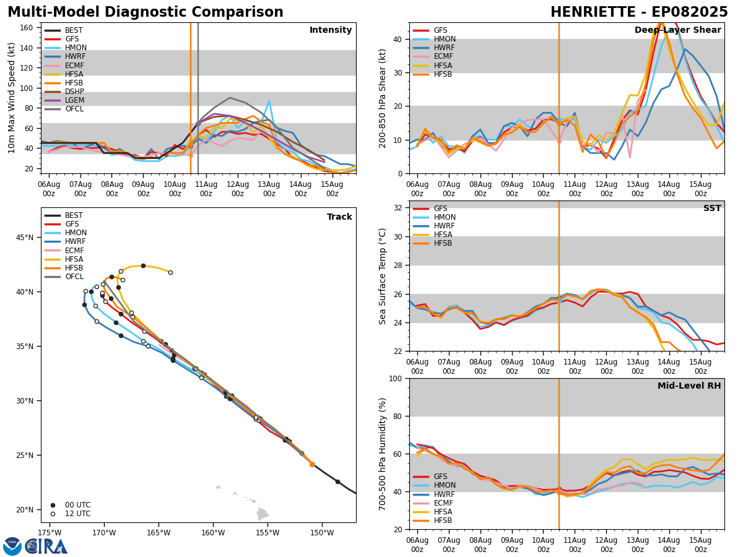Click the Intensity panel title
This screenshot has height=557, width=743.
click(x=331, y=30)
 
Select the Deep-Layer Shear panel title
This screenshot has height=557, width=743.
click(x=677, y=30)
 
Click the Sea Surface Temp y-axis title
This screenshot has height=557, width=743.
click(x=383, y=276)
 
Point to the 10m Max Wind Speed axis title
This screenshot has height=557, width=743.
click(x=12, y=98)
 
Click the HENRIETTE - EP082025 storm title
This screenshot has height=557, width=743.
click(x=639, y=12)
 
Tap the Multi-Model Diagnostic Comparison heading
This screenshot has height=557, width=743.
click(x=146, y=12)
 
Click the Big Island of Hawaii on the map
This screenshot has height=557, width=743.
click(x=263, y=514)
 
